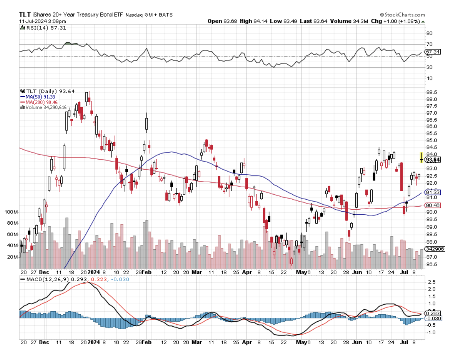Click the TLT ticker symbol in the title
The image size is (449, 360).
27,14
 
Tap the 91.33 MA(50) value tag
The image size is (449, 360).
432,192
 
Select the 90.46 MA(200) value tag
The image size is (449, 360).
432,205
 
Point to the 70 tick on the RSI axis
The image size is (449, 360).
428,44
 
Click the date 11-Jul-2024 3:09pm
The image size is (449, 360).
42,21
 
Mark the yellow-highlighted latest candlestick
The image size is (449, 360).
422,158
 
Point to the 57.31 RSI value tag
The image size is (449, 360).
432,52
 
